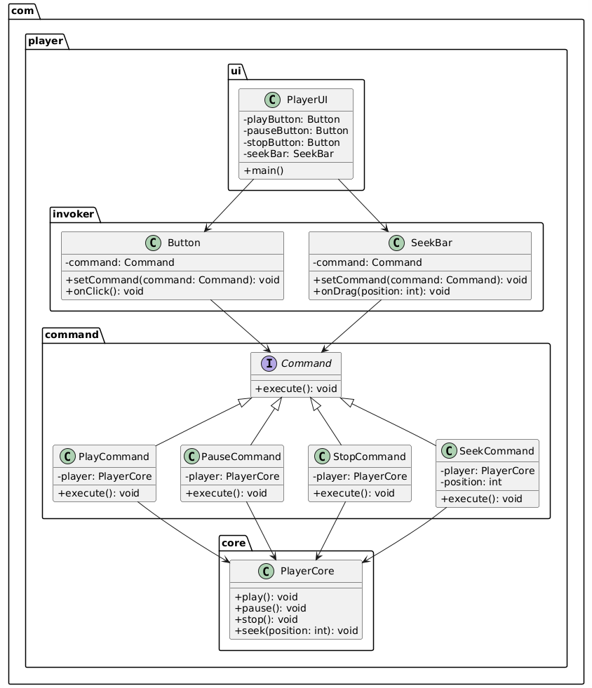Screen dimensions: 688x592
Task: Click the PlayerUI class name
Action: [x=307, y=100]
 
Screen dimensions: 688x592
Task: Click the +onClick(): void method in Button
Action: [x=106, y=291]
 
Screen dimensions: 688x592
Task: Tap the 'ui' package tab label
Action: [x=237, y=71]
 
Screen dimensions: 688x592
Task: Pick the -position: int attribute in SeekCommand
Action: [x=471, y=482]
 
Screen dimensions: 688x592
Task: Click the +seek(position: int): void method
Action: [x=296, y=630]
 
